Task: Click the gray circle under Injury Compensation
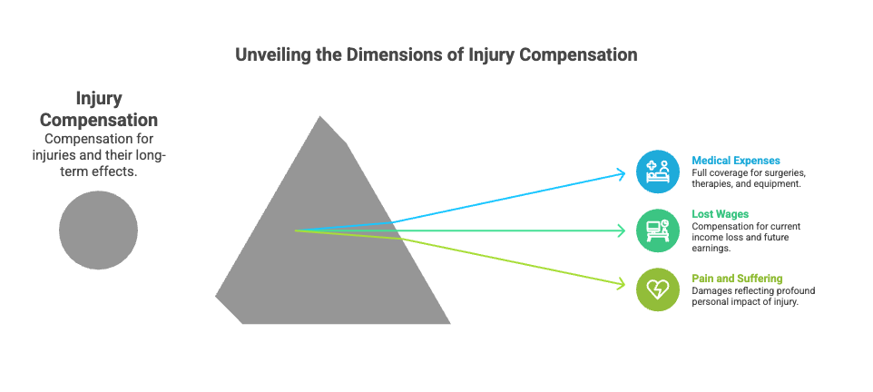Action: [x=99, y=230]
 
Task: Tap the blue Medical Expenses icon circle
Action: [x=658, y=171]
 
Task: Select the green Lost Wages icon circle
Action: [x=658, y=230]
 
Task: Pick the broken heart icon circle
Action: [x=658, y=289]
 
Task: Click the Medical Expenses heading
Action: [x=736, y=161]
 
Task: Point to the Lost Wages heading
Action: [x=720, y=214]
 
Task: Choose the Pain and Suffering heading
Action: [x=737, y=279]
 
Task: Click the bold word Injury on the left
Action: [x=99, y=99]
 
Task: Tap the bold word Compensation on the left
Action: [x=99, y=120]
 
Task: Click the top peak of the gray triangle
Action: [x=320, y=116]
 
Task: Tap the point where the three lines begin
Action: [x=295, y=230]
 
